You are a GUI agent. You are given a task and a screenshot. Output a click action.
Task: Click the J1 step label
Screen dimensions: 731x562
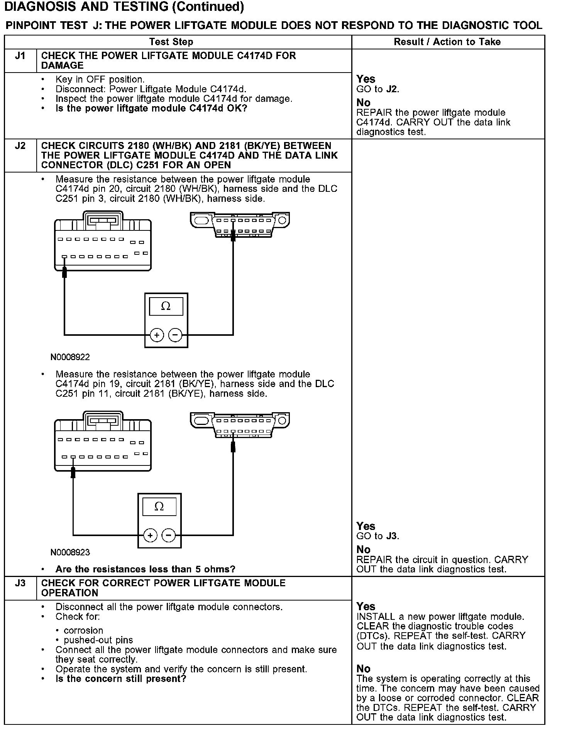(x=20, y=56)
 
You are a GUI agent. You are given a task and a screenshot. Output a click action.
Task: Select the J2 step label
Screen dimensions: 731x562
(x=20, y=146)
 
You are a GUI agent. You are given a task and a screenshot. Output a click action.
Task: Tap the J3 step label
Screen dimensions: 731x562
(x=20, y=583)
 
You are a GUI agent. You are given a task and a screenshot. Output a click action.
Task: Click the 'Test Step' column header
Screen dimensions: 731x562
(x=171, y=42)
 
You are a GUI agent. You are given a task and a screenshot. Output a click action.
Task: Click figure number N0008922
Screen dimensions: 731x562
(x=70, y=357)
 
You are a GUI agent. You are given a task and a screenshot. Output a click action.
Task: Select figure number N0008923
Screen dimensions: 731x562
(x=70, y=552)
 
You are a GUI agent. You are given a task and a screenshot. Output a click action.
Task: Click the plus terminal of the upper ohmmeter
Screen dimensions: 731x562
(x=157, y=335)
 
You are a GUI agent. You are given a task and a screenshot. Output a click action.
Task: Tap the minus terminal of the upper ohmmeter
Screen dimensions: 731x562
(x=175, y=335)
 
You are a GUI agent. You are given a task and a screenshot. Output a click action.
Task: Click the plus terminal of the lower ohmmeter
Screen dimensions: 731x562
(x=150, y=535)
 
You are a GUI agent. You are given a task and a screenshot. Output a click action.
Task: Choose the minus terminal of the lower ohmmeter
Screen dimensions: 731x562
(x=169, y=535)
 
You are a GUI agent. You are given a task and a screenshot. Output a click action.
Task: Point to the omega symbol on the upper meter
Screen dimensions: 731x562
(x=166, y=306)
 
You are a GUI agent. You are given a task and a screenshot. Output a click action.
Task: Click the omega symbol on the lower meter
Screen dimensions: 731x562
(x=159, y=507)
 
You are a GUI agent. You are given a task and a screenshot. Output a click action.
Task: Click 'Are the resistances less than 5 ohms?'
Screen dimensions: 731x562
(x=145, y=569)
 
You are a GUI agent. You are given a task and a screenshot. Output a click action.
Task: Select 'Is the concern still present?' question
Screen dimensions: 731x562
(x=121, y=679)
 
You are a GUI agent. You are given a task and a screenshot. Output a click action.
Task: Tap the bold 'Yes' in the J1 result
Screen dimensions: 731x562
(x=366, y=79)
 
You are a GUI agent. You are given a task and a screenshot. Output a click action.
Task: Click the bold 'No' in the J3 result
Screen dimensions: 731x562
(x=363, y=668)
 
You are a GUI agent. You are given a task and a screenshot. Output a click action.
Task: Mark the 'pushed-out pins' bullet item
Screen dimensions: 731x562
(x=98, y=640)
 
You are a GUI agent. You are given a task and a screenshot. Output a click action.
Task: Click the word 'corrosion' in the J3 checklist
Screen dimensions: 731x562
(x=83, y=630)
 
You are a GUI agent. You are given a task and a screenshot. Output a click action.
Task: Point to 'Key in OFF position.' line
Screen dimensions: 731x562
(x=100, y=80)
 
